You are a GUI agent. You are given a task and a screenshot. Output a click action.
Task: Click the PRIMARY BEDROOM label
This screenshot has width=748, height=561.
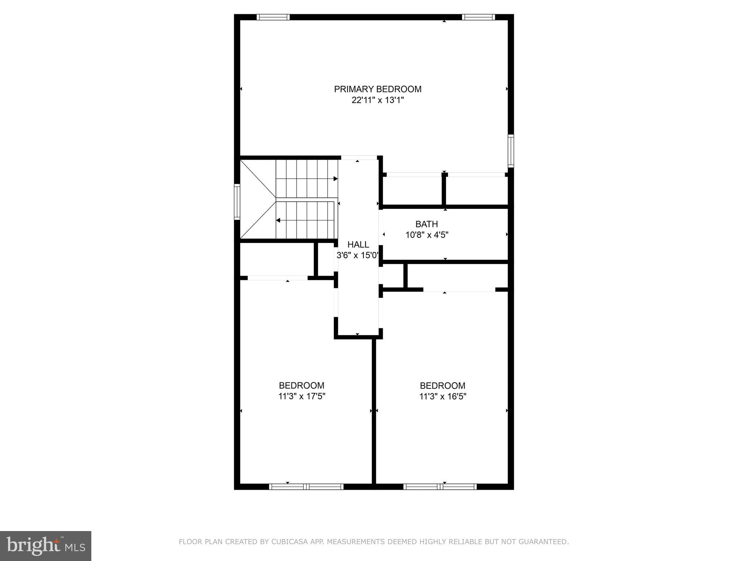coord(378,89)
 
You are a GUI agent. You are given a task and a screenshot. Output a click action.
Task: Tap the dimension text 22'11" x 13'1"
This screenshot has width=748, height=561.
coord(378,100)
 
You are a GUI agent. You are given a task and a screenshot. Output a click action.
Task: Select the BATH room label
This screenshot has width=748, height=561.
coord(427,224)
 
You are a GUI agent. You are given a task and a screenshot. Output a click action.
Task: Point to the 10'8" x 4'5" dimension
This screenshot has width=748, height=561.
coord(427,235)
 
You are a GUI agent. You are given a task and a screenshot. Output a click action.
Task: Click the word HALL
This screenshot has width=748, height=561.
coord(358,244)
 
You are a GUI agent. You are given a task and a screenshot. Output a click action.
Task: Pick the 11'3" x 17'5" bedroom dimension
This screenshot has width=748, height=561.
coord(302,396)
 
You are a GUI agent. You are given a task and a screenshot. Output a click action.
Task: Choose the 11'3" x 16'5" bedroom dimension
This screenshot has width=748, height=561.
coord(443,396)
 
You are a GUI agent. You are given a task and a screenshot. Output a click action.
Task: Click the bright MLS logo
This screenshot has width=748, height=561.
coord(46,546)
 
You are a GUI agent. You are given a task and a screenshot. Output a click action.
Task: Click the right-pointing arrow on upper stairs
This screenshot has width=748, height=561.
coord(335,179)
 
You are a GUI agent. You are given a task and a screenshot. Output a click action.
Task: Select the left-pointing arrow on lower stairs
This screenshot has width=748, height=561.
coord(278,220)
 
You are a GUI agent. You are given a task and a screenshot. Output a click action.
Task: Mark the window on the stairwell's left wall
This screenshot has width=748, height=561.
coord(237,202)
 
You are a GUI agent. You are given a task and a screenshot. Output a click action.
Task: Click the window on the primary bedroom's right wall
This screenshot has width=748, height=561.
coord(511,151)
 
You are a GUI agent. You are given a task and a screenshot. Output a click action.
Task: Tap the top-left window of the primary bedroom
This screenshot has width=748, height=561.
coord(273,17)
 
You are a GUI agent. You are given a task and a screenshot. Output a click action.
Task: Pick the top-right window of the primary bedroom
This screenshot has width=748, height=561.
coord(478,17)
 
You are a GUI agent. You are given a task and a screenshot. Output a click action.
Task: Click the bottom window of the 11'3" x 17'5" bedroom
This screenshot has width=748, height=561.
coord(306,486)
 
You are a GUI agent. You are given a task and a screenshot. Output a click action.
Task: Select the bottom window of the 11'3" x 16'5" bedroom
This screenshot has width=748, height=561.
coord(440,486)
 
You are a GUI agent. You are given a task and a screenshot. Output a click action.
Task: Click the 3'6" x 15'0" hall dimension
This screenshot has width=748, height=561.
coord(357,255)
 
